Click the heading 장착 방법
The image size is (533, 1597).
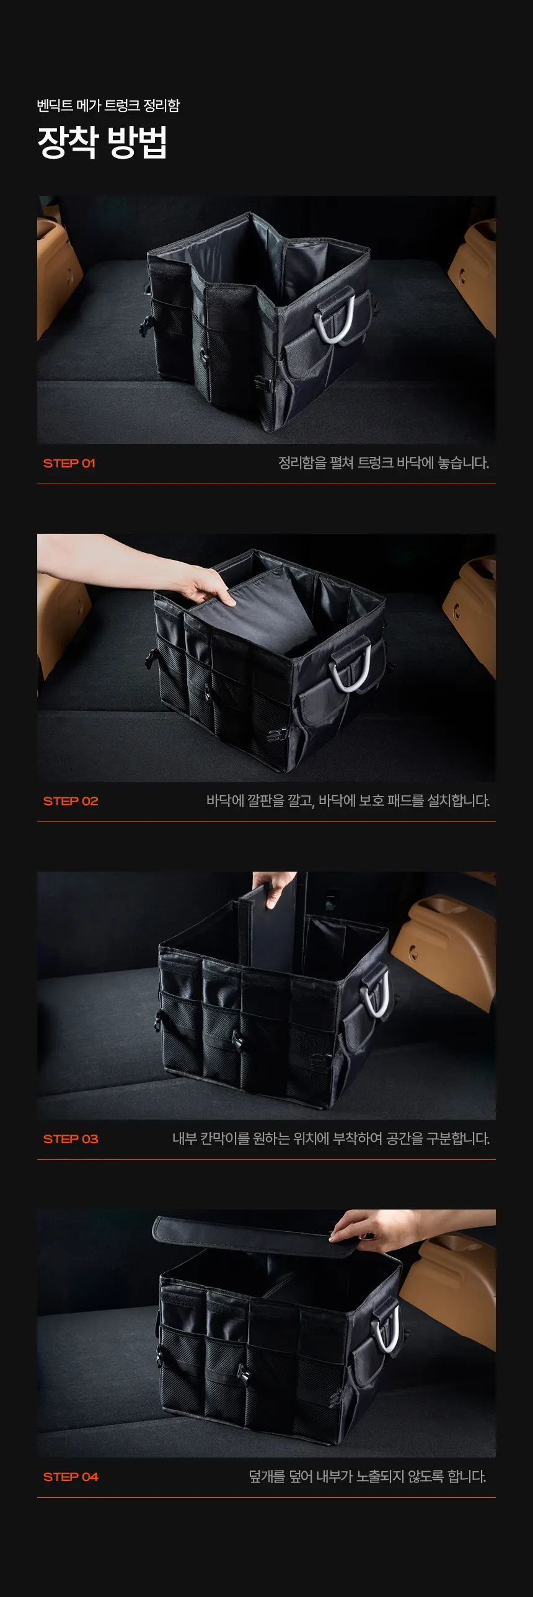point(102,142)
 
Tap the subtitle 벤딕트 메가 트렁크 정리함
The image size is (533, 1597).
point(108,105)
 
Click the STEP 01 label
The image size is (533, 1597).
point(69,463)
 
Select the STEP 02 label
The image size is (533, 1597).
point(71,801)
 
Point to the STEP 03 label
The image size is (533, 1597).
point(71,1139)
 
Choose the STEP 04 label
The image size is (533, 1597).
point(71,1477)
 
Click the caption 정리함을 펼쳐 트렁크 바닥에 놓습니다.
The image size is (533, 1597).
point(384,463)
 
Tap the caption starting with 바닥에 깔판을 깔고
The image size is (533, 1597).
point(348,801)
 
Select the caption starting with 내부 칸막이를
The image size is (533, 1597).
point(331,1139)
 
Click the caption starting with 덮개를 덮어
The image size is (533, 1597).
point(368,1477)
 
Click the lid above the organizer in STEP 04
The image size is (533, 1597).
point(254,1236)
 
